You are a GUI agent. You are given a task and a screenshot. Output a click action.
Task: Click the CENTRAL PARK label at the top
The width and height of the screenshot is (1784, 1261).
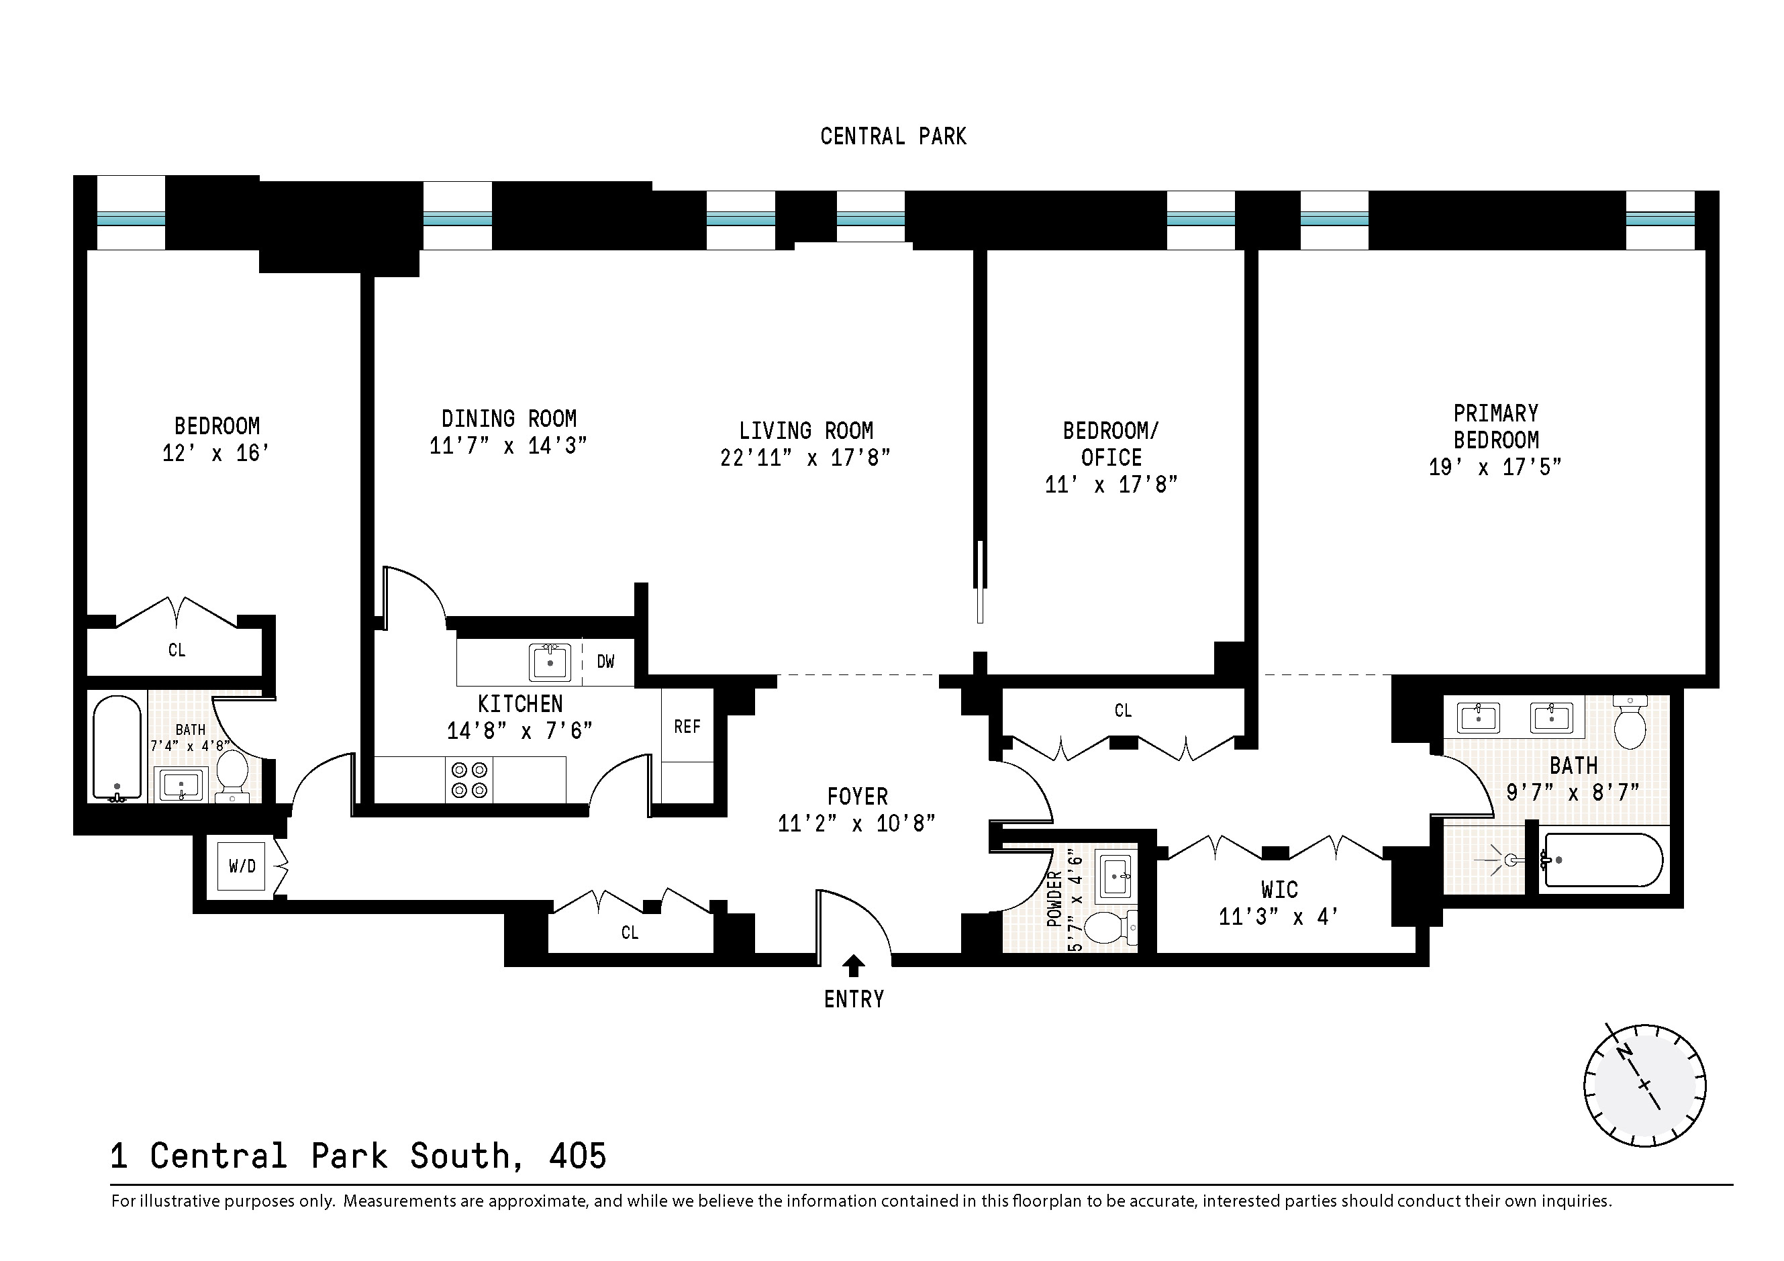point(893,137)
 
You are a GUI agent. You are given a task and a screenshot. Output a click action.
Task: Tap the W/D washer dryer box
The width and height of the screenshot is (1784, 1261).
point(242,866)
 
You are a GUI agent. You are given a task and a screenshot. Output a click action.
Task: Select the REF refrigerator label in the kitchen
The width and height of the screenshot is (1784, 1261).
point(687,726)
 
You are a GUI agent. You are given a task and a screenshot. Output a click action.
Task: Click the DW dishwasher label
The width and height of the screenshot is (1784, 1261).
point(606,661)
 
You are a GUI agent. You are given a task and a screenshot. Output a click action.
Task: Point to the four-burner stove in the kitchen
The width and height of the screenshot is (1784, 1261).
point(469,780)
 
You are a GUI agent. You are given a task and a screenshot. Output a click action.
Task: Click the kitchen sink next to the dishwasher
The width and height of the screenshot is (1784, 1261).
point(550,662)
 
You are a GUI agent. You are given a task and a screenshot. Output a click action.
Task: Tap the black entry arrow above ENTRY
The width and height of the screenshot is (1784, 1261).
point(853,965)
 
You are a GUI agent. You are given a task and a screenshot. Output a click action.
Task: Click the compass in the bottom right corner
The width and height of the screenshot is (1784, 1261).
point(1644,1085)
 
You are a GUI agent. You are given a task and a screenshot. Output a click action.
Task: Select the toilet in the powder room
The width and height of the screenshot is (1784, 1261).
point(1107,927)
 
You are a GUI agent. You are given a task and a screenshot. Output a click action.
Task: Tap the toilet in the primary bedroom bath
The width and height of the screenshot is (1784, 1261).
point(1630,723)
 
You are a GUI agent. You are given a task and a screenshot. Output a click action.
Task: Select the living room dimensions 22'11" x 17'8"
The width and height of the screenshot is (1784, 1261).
point(805,458)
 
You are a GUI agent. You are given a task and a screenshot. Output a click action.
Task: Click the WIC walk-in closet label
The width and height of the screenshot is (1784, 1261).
point(1279,890)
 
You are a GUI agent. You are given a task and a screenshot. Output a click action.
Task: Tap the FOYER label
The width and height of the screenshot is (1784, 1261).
point(857,797)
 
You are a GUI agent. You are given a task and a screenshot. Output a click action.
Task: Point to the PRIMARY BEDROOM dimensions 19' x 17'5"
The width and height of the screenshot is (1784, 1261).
point(1495,467)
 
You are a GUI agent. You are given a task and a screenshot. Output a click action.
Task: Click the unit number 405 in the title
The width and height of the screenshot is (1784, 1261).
point(577,1156)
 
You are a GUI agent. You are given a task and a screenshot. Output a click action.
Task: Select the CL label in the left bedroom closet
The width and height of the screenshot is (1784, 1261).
point(177,650)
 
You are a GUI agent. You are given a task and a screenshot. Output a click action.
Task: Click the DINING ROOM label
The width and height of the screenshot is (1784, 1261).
point(509,419)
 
